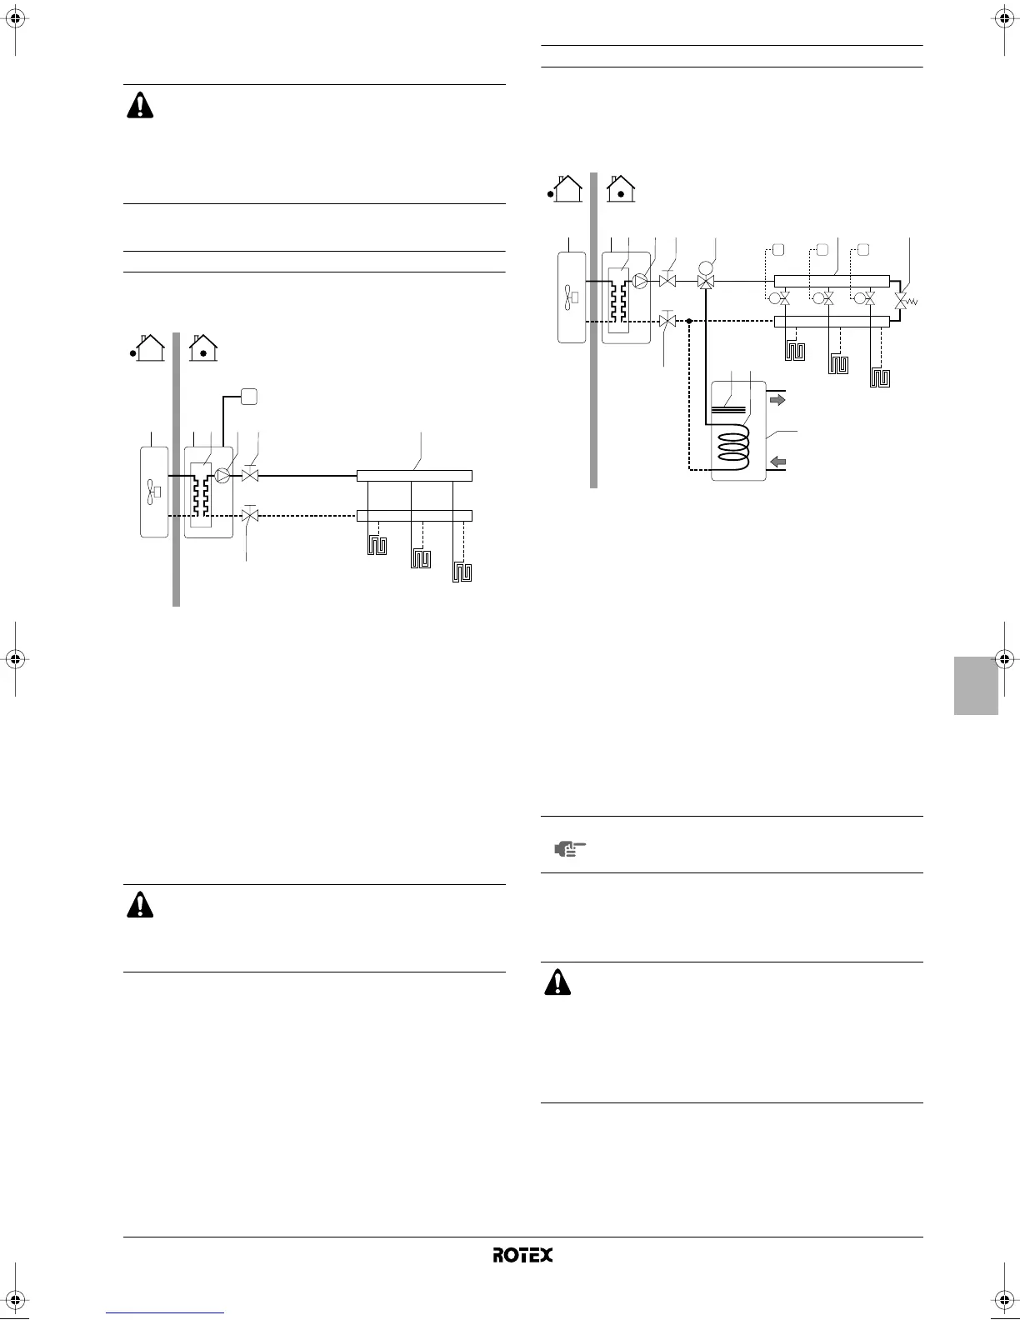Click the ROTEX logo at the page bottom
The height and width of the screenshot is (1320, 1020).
coord(522,1255)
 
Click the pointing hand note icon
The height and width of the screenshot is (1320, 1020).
coord(571,849)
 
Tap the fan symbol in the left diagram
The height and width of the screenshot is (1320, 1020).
coord(153,492)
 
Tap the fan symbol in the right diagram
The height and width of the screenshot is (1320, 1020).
coord(571,297)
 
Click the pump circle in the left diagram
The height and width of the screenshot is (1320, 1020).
coord(222,476)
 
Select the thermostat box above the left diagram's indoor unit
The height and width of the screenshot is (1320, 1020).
coord(248,397)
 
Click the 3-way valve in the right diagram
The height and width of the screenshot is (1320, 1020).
coord(707,282)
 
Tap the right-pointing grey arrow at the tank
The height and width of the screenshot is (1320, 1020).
coord(777,400)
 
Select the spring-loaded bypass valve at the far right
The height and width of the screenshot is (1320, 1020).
coord(901,299)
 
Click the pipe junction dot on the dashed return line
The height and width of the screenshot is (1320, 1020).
coord(689,320)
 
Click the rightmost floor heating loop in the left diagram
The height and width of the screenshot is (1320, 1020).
coord(462,572)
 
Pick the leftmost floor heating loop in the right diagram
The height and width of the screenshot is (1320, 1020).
coord(794,351)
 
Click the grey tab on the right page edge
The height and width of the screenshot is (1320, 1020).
coord(976,684)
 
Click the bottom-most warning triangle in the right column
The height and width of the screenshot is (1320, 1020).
coord(557,983)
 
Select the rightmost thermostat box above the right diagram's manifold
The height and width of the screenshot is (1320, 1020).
coord(863,249)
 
